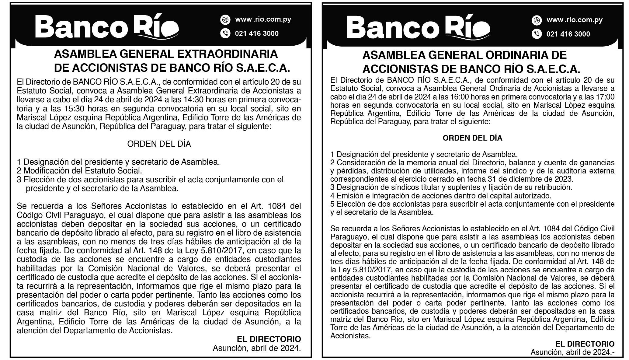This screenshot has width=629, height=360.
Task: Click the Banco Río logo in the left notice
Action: (107, 27)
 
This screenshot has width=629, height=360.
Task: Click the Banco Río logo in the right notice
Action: (418, 28)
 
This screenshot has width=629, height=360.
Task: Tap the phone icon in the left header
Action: (225, 33)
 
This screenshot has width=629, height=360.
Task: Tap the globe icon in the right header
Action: (537, 20)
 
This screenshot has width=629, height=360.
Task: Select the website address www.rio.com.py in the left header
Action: (263, 19)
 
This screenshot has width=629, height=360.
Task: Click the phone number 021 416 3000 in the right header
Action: (568, 34)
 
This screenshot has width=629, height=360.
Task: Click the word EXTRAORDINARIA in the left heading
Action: (227, 54)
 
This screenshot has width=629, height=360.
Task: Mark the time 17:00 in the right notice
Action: (604, 97)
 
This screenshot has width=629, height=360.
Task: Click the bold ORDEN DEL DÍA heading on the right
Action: (472, 138)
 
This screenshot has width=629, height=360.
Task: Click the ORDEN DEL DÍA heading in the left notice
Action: (159, 144)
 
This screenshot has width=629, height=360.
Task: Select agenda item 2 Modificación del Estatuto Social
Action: (79, 171)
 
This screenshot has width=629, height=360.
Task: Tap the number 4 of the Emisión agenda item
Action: (332, 196)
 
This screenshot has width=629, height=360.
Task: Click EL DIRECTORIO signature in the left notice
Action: (269, 339)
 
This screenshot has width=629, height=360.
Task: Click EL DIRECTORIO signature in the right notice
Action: (585, 344)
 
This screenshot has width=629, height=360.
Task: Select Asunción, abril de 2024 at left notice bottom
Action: (257, 348)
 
